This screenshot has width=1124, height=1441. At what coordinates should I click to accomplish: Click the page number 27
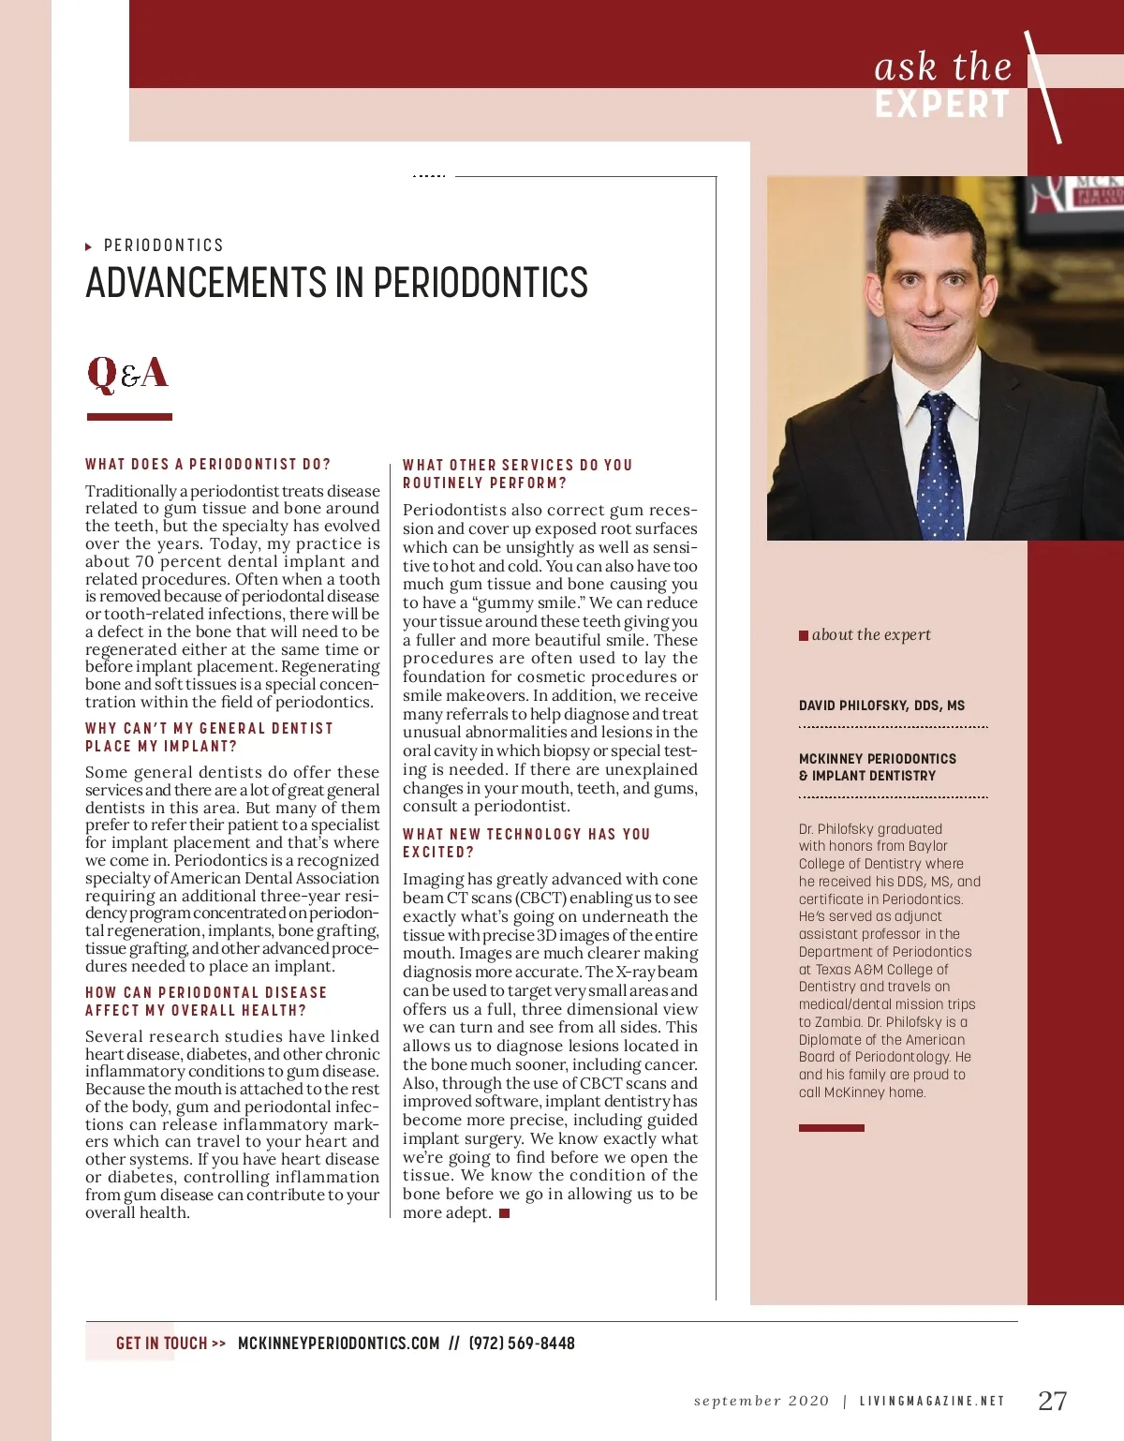[x=1052, y=1401]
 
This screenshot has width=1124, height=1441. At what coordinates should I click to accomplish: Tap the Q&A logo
[x=127, y=373]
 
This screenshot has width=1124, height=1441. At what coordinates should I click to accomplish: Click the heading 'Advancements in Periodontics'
[x=336, y=283]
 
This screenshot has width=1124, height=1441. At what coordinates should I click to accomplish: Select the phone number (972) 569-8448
[x=522, y=1343]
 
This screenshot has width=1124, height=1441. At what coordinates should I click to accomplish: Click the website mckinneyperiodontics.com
[x=338, y=1343]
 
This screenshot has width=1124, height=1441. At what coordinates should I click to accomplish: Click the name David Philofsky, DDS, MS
[x=881, y=706]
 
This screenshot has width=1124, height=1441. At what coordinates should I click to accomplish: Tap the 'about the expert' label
[x=871, y=634]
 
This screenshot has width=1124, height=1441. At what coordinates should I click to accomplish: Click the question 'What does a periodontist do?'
[x=208, y=464]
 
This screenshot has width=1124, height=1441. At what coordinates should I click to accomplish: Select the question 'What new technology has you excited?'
[x=525, y=842]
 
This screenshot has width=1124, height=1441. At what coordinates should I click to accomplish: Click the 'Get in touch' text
[x=161, y=1343]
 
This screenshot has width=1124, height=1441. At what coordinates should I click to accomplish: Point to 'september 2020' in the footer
[x=761, y=1401]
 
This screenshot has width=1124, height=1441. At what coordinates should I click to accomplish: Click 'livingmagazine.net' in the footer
[x=932, y=1401]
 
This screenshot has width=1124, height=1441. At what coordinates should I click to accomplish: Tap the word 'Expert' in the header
[x=942, y=105]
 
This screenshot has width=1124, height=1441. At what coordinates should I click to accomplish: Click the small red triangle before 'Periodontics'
[x=89, y=246]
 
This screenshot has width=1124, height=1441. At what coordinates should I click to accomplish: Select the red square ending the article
[x=504, y=1213]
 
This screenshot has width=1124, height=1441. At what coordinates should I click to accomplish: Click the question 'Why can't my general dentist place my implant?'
[x=209, y=736]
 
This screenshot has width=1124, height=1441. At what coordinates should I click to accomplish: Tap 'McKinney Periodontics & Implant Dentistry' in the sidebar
[x=878, y=766]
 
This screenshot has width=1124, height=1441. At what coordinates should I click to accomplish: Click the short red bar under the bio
[x=831, y=1128]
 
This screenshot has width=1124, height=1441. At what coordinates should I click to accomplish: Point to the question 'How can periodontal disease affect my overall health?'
[x=206, y=1001]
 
